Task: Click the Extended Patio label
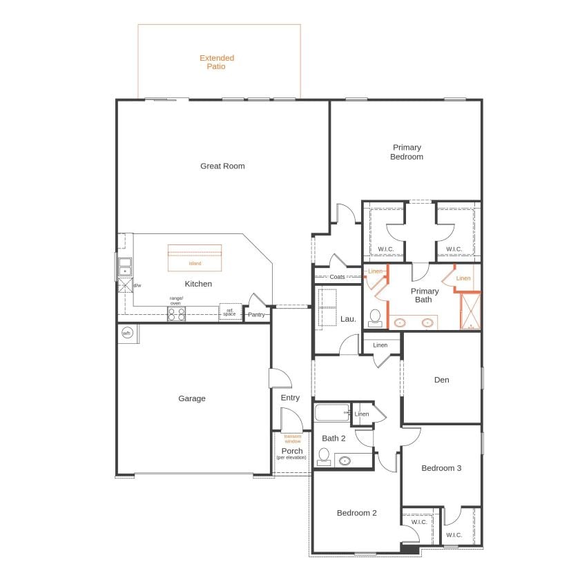click(x=217, y=62)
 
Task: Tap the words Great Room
click(x=222, y=166)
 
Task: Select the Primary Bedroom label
click(x=407, y=152)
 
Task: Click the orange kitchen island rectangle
click(x=195, y=258)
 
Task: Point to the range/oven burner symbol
click(x=176, y=313)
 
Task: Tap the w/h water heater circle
click(x=126, y=333)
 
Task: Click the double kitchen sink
click(x=124, y=267)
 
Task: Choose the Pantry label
click(x=256, y=315)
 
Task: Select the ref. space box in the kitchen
click(x=229, y=313)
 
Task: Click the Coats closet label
click(x=337, y=277)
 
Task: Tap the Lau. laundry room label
click(x=348, y=319)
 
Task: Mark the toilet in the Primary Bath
click(x=376, y=318)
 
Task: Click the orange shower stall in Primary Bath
click(x=470, y=311)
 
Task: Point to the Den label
click(x=442, y=380)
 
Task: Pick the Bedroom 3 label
click(x=441, y=468)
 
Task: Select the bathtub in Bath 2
click(x=331, y=413)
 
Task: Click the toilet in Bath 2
click(x=324, y=456)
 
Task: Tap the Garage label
click(x=192, y=398)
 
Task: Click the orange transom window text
click(x=293, y=438)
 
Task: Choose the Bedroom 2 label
click(x=356, y=513)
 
